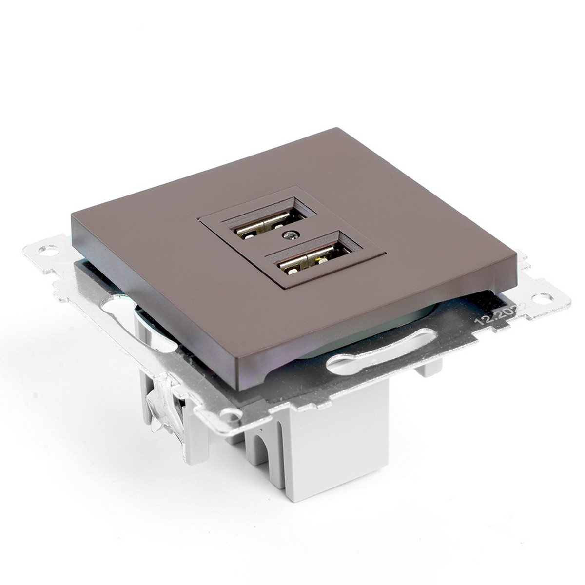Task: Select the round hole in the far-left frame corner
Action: (48, 252)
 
